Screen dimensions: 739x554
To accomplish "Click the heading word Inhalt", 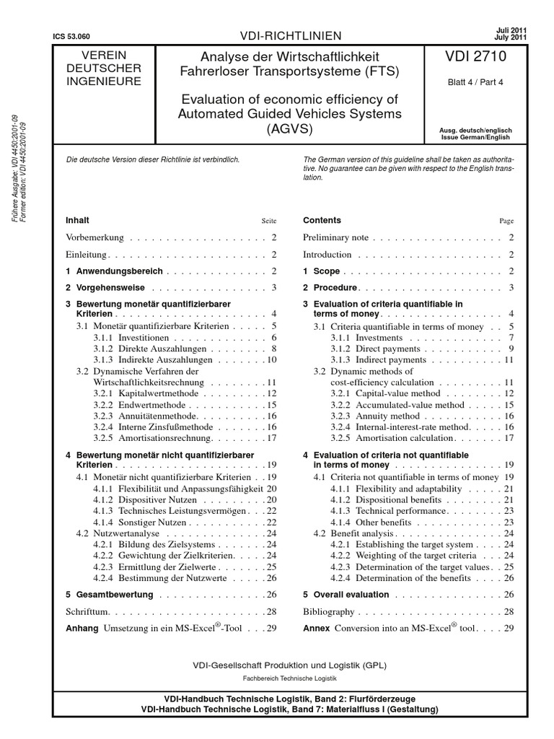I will coord(78,220).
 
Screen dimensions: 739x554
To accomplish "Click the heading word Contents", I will coord(322,220).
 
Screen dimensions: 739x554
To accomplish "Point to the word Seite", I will coord(269,221).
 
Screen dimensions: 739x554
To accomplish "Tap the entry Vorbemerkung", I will coord(95,237).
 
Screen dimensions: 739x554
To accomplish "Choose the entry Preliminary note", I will coord(335,237).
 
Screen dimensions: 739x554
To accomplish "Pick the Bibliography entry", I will coord(329,612).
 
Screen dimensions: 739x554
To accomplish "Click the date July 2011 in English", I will coord(511,37).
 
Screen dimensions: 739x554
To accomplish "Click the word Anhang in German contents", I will coord(82,629).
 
